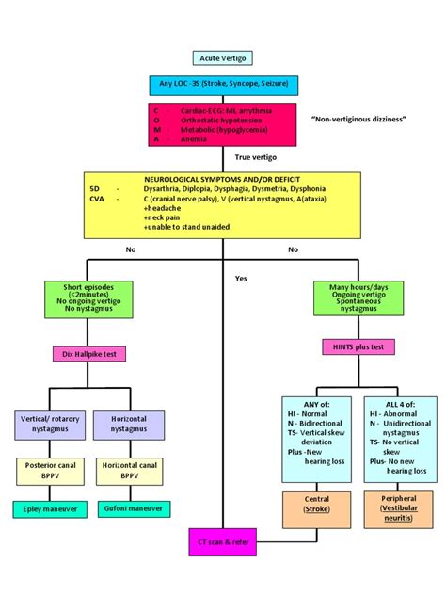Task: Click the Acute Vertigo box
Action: [223, 58]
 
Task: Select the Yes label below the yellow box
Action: [242, 279]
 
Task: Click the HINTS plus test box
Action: [358, 347]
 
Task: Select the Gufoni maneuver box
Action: [128, 509]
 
